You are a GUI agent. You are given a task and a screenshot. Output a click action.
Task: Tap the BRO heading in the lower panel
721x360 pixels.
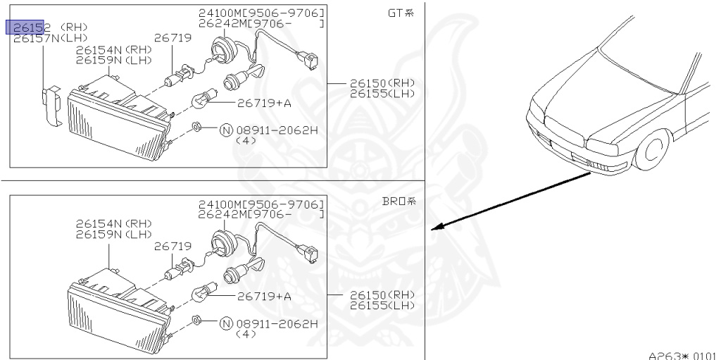399,201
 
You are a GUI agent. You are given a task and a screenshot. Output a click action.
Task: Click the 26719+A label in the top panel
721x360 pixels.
264,103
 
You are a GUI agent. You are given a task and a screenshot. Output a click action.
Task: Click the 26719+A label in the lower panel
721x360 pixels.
264,297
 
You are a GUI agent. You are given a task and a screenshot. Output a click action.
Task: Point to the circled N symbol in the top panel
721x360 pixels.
226,130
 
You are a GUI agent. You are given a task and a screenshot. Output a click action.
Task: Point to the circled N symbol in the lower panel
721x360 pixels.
226,323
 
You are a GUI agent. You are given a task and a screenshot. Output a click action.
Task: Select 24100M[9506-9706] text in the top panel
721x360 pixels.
261,13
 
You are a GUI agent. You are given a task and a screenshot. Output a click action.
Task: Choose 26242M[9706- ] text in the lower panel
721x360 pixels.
261,213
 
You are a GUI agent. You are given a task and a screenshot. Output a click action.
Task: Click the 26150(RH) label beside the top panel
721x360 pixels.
382,83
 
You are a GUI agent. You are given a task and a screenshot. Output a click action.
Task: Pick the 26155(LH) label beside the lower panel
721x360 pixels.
382,305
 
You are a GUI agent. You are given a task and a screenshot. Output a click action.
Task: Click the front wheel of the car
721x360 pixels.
653,152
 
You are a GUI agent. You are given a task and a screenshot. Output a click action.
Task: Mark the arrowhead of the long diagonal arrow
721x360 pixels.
437,228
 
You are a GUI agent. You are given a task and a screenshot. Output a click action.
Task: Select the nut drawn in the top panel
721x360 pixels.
199,128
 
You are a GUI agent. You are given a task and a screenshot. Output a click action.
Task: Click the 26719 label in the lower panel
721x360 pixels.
173,246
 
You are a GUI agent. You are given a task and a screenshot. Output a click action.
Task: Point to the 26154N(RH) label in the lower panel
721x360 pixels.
114,223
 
